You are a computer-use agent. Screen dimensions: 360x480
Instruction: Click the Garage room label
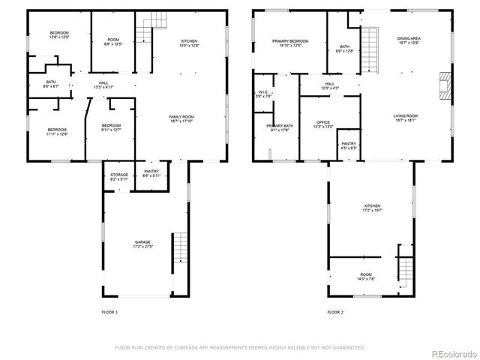pyautogui.click(x=142, y=244)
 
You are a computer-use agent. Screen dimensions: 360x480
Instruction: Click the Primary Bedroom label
pyautogui.click(x=289, y=43)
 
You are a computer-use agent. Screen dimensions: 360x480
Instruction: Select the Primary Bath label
pyautogui.click(x=279, y=127)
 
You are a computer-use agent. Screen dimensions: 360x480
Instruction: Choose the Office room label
pyautogui.click(x=323, y=124)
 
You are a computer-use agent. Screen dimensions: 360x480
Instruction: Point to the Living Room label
pyautogui.click(x=406, y=118)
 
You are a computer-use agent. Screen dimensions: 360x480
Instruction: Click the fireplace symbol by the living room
pyautogui.click(x=444, y=86)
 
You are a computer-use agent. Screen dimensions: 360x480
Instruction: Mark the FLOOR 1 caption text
pyautogui.click(x=109, y=311)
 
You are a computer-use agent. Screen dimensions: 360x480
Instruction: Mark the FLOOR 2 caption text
pyautogui.click(x=335, y=311)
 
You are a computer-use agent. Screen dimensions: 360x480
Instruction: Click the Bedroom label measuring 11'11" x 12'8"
pyautogui.click(x=56, y=132)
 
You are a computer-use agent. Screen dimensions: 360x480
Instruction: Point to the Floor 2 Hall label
pyautogui.click(x=330, y=86)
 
